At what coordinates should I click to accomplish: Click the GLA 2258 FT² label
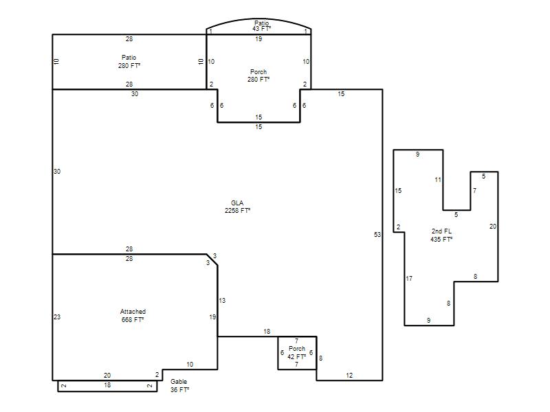tap(237, 207)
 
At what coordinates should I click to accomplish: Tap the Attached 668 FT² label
tap(133, 316)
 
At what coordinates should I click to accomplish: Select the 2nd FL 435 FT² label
tap(441, 235)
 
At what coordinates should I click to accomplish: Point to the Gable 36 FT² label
tap(179, 385)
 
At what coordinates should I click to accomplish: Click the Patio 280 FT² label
tap(129, 61)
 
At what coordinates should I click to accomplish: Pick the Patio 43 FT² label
tap(262, 26)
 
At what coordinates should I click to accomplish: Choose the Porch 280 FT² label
tap(258, 76)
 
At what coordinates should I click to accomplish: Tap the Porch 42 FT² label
tap(297, 353)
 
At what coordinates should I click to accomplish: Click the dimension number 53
tap(377, 234)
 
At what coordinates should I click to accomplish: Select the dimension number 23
tap(57, 317)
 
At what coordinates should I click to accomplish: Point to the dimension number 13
tap(222, 301)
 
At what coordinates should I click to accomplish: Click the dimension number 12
tap(349, 375)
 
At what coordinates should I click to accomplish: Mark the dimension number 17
tap(409, 279)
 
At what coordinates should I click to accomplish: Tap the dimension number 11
tap(438, 180)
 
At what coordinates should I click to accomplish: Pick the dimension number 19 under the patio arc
tap(258, 39)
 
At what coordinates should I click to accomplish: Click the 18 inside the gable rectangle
tap(107, 385)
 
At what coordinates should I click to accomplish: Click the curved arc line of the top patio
tap(258, 19)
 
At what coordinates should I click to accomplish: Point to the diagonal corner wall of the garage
tap(212, 260)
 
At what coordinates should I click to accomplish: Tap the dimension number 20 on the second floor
tap(493, 227)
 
